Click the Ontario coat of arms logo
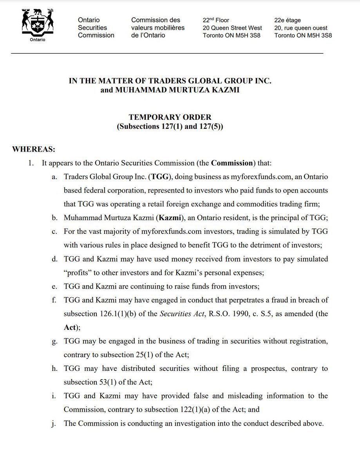38,24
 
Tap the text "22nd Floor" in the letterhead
216,20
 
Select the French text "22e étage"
288,20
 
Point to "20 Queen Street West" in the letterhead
232,28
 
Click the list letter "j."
54,423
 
